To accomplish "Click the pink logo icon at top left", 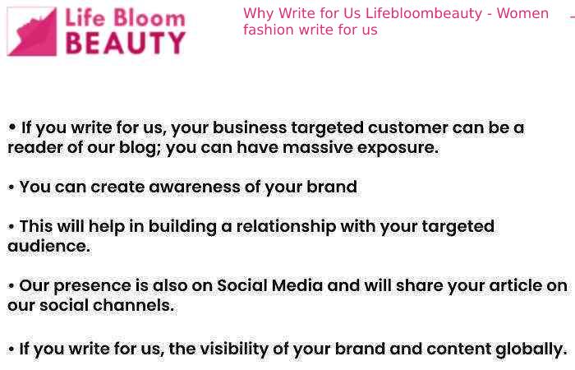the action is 32,31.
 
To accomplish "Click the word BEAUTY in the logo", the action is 126,43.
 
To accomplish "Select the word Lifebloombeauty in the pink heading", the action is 424,14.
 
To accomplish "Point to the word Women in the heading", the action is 522,14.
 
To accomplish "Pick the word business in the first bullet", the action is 250,127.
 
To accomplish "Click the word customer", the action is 407,127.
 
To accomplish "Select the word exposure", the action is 398,148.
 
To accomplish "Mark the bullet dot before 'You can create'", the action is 11,187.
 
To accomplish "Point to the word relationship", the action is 286,226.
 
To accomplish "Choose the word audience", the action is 48,247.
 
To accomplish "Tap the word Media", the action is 297,285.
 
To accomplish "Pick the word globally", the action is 531,349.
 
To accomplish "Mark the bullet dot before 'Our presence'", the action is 11,286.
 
